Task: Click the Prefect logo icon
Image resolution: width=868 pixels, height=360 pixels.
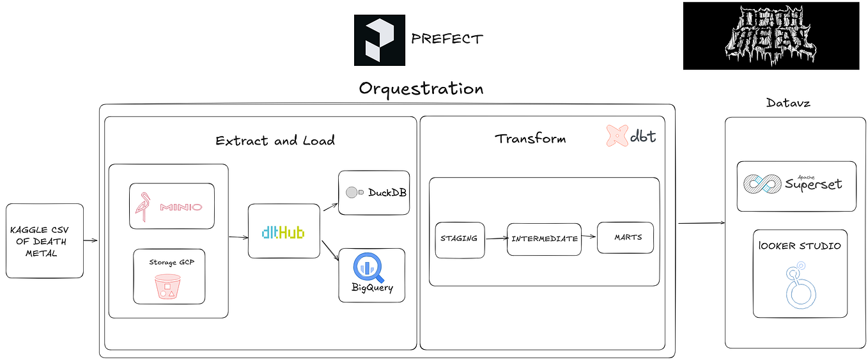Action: coord(379,40)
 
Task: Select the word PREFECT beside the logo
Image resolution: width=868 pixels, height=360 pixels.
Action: coord(447,39)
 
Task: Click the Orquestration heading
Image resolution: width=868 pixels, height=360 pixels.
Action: coord(421,88)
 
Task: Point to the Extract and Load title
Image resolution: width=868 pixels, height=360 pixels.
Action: coord(275,141)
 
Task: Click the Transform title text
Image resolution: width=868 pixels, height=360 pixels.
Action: coord(530,138)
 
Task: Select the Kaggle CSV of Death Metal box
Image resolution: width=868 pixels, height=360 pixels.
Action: coord(45,241)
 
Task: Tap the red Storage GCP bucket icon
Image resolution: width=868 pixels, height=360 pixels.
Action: coord(169,286)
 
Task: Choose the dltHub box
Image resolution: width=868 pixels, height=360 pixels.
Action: coord(283,231)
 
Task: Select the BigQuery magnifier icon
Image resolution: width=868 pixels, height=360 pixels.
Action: coord(371,268)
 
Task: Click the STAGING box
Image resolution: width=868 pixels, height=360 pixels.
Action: coord(460,239)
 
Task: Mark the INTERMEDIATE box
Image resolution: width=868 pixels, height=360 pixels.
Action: coord(544,239)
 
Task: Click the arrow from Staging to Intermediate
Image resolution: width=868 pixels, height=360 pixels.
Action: coord(496,239)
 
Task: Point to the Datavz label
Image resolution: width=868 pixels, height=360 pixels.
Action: coord(788,102)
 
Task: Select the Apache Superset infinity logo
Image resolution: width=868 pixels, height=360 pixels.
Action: coord(762,184)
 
